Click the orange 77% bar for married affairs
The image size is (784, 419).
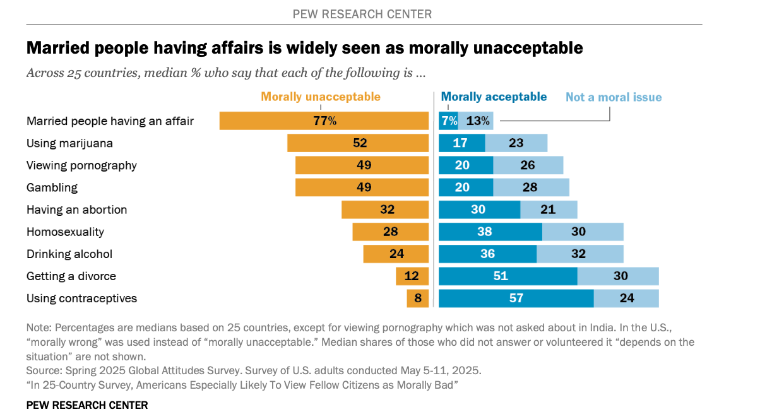pos(324,121)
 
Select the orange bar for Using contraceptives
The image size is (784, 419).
pos(418,298)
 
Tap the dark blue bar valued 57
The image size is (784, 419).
pos(516,298)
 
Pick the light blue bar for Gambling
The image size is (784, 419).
pos(531,187)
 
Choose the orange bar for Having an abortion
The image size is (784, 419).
pos(385,209)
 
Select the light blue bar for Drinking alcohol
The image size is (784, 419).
pos(579,254)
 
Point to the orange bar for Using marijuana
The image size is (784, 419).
pos(358,143)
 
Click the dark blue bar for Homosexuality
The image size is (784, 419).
pos(490,232)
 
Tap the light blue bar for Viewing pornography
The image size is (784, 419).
pos(528,165)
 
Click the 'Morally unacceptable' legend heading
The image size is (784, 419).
pos(321,97)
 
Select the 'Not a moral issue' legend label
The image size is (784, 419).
pos(614,97)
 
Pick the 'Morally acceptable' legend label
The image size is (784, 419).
pos(494,97)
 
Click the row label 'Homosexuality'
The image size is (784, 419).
pos(65,232)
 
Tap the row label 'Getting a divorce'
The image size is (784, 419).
pos(71,276)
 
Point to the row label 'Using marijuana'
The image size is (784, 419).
pos(69,143)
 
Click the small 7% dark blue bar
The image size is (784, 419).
pos(448,121)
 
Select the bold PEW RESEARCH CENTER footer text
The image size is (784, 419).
pos(87,405)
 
